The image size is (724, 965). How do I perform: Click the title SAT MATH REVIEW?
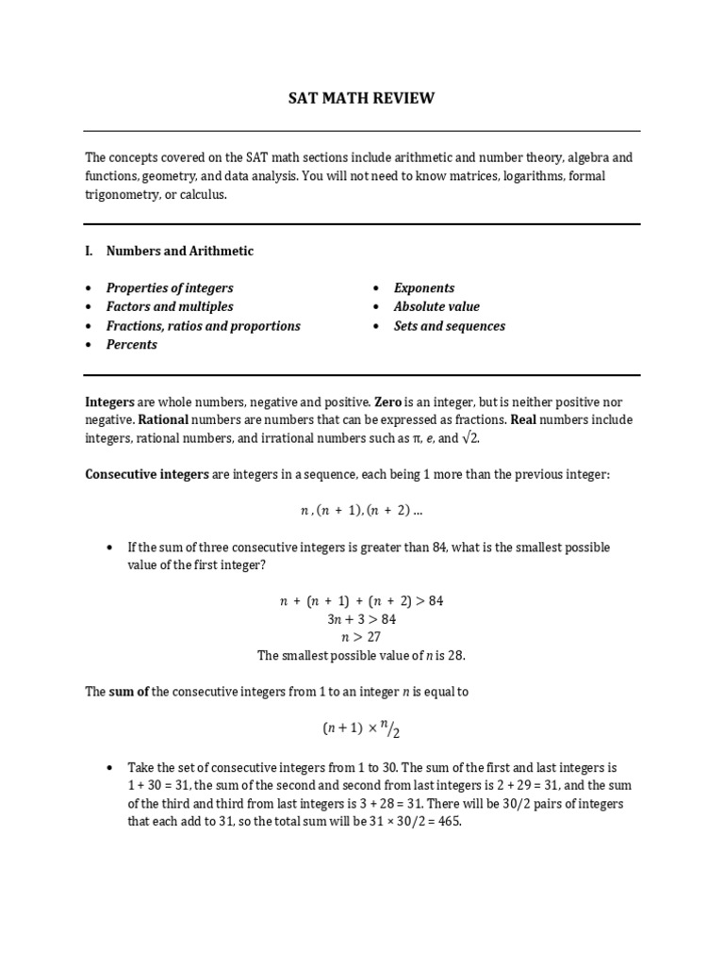[x=361, y=98]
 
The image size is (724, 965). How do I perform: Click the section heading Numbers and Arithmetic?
[x=179, y=251]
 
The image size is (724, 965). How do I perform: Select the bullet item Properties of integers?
[x=170, y=288]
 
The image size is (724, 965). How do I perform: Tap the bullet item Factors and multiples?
[x=170, y=307]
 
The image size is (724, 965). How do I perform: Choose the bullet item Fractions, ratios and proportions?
[x=203, y=326]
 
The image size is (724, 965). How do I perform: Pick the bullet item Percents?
[x=132, y=345]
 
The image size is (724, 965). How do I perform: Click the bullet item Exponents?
[x=424, y=288]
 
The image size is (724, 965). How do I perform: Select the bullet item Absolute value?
[x=436, y=307]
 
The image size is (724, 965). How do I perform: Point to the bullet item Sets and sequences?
[x=450, y=326]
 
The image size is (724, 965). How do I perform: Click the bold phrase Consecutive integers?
[x=147, y=474]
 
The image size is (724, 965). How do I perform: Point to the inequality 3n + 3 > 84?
[x=361, y=619]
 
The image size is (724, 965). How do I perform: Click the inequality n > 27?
[x=361, y=637]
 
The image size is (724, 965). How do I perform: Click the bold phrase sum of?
[x=129, y=692]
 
